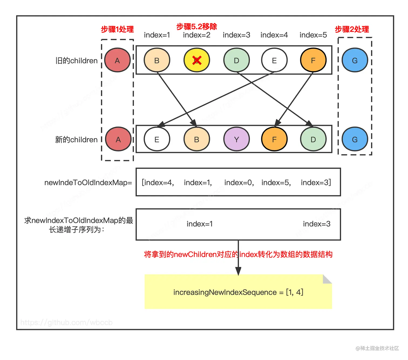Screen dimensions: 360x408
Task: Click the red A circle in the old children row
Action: (117, 60)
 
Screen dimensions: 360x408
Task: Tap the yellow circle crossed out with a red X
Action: (197, 60)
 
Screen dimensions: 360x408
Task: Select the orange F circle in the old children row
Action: (313, 60)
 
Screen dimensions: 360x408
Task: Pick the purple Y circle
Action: (236, 139)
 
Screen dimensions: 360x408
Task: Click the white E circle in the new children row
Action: (157, 139)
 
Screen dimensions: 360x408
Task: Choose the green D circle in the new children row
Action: (313, 139)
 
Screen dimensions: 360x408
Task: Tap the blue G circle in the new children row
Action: (355, 139)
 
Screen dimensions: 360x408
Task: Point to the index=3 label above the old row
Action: (236, 35)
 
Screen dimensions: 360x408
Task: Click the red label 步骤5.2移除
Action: (196, 26)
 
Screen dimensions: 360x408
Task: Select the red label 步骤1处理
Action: (117, 29)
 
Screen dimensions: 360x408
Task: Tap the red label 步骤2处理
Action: (352, 29)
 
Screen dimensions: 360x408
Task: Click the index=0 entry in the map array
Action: (239, 183)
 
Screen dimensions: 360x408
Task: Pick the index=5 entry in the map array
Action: (276, 183)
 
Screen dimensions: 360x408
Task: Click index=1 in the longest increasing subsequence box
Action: (200, 224)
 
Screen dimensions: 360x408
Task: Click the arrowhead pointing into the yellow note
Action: (238, 271)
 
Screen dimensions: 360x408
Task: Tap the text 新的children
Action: (76, 140)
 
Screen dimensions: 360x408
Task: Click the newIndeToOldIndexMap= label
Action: (88, 183)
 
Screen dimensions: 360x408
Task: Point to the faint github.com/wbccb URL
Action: (66, 323)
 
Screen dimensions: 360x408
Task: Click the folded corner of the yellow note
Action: (327, 279)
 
